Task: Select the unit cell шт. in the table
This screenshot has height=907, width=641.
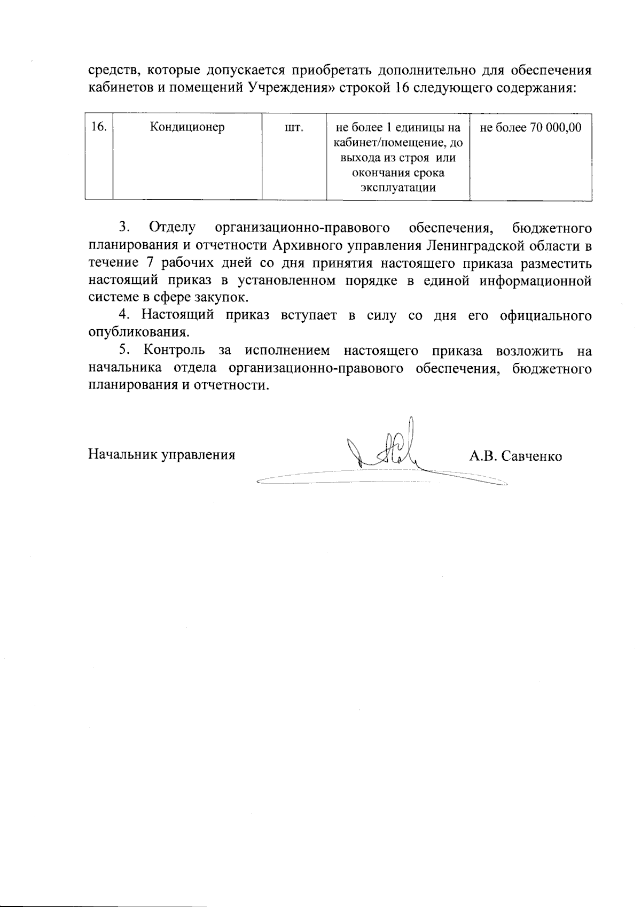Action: point(294,128)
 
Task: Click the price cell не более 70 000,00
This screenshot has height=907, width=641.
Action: point(530,128)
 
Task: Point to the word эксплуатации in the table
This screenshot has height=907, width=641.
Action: point(398,188)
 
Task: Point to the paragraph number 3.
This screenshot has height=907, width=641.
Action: point(124,228)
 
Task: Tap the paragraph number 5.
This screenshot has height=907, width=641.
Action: point(124,350)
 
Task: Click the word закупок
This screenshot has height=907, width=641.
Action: point(225,298)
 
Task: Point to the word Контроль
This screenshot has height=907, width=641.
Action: point(174,350)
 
